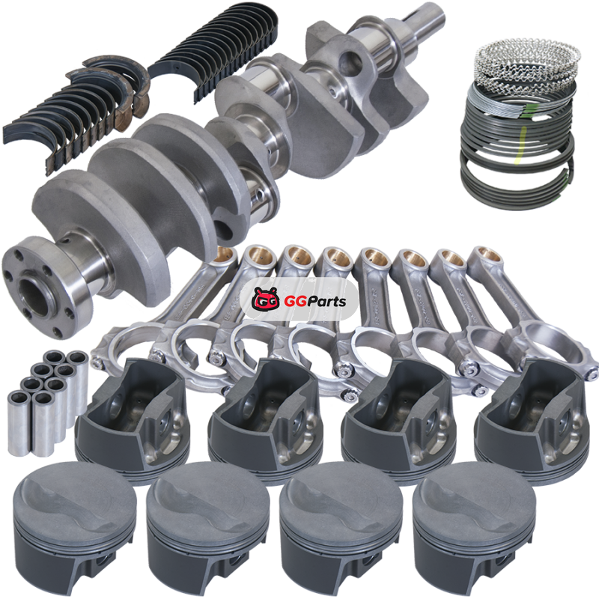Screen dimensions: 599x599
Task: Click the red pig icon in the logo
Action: [x=264, y=299]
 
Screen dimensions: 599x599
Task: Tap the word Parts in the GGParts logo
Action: [x=326, y=301]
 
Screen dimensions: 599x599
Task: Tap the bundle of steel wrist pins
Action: [x=49, y=401]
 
